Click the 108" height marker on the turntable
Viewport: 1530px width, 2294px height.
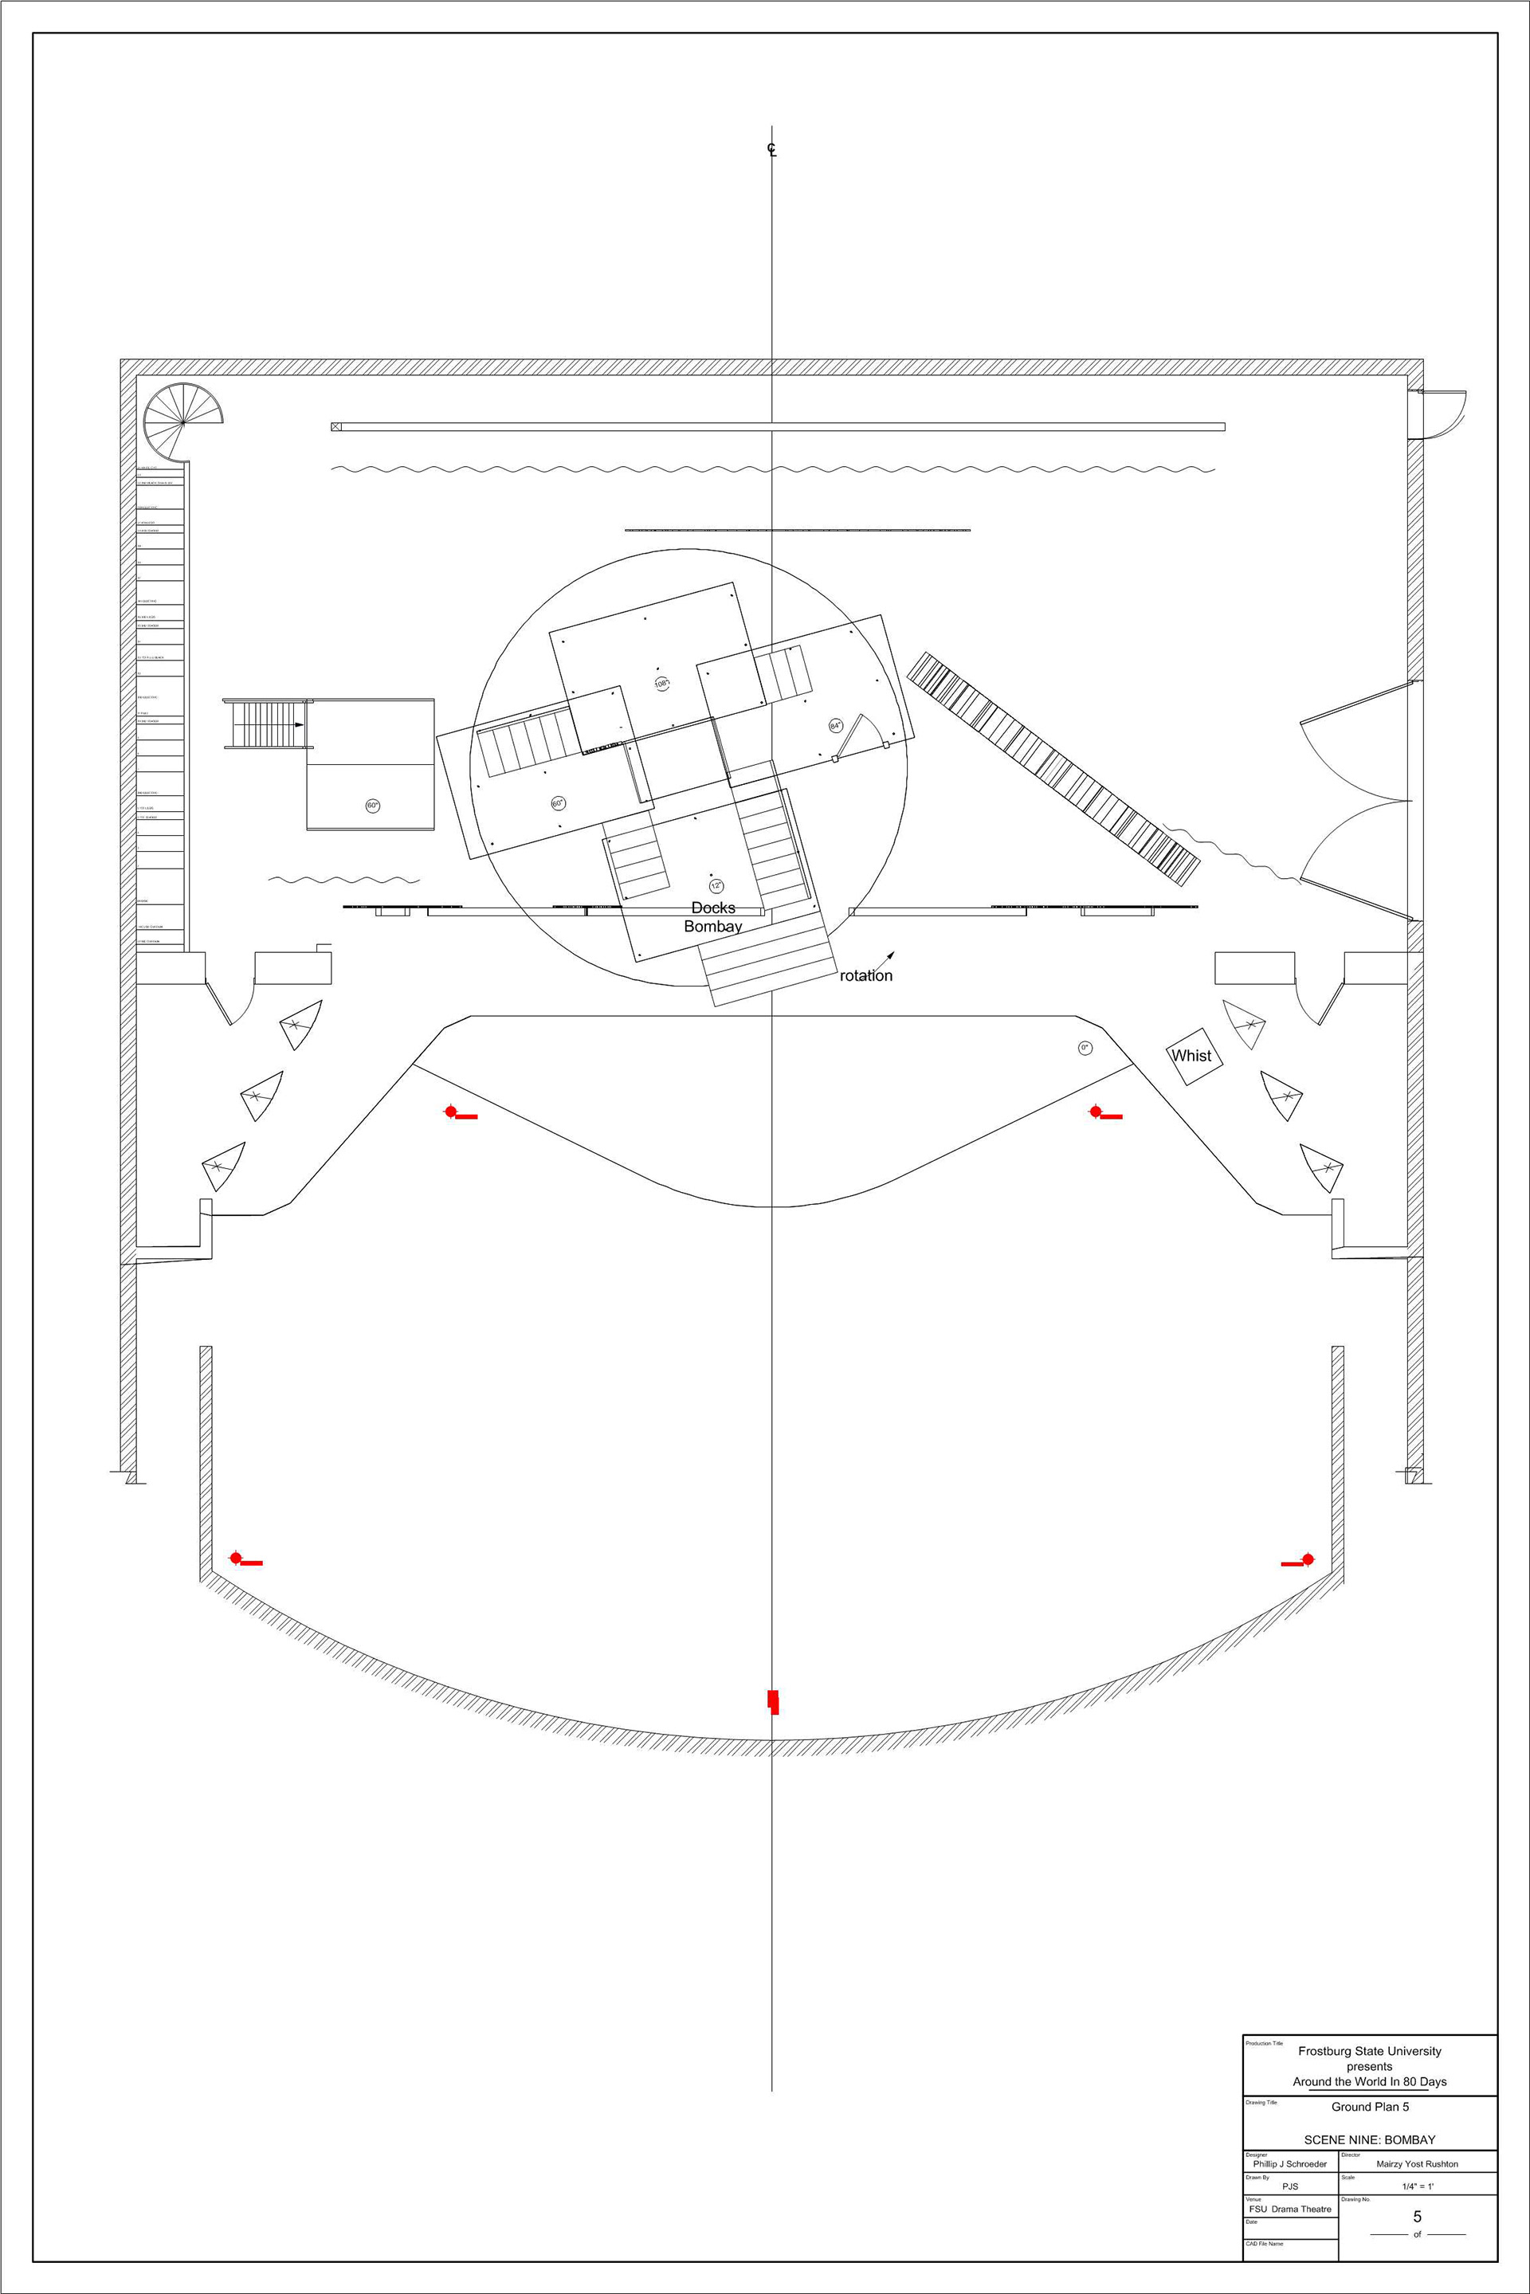[661, 684]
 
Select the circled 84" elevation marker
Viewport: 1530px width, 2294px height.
[835, 726]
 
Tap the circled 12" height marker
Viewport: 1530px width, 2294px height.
[716, 886]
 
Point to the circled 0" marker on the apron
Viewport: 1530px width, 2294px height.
[1085, 1048]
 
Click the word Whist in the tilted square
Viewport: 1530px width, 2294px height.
[1191, 1056]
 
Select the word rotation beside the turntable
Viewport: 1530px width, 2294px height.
[865, 976]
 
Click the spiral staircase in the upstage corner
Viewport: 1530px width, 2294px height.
[182, 422]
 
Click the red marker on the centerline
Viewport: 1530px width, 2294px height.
[773, 1702]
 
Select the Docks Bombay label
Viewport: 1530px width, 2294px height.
[713, 917]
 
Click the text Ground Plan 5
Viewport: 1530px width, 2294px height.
[1370, 2107]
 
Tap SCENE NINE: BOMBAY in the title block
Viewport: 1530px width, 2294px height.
[1369, 2140]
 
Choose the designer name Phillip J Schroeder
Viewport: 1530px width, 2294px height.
[1290, 2164]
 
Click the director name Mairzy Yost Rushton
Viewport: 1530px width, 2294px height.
[1417, 2164]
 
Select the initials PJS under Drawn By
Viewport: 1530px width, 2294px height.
[1290, 2186]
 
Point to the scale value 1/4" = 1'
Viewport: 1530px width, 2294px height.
[1417, 2186]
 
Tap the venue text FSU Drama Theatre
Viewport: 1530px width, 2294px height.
[1290, 2209]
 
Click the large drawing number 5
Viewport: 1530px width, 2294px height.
[1417, 2217]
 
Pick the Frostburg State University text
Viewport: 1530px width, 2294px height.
[1369, 2051]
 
